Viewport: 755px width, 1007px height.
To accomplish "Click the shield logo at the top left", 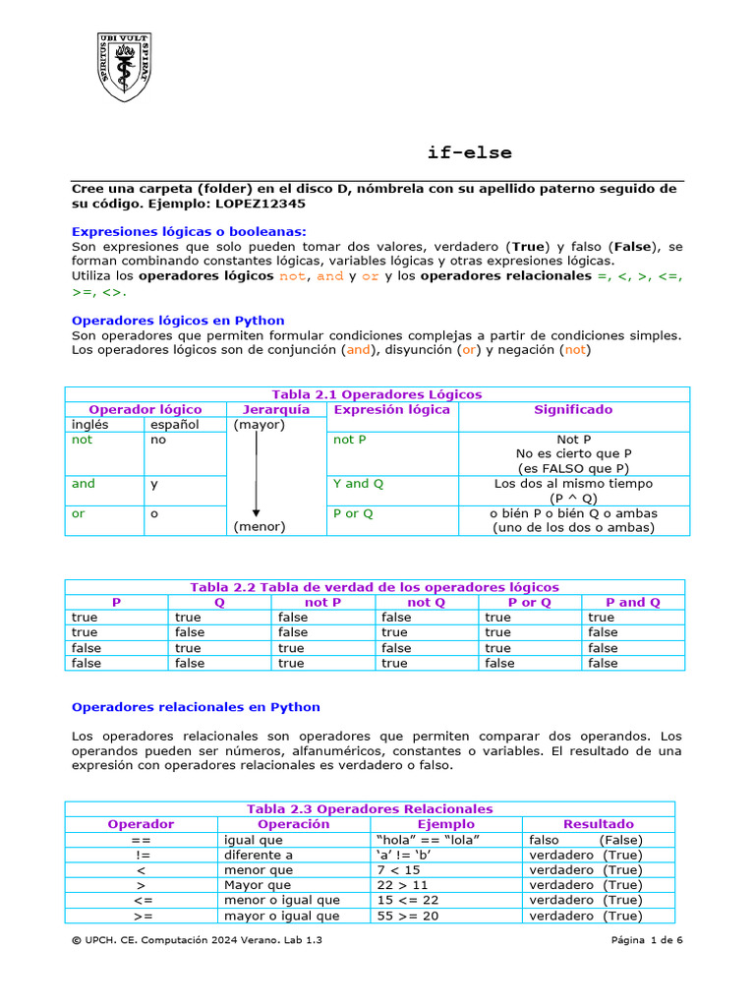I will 123,67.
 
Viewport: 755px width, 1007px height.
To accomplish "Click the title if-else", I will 469,152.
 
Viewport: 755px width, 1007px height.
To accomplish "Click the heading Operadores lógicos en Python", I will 178,321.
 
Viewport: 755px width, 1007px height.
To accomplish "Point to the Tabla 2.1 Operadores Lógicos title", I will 377,394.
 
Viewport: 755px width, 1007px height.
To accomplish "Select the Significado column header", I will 573,409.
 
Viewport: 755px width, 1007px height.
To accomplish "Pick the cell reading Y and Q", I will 359,484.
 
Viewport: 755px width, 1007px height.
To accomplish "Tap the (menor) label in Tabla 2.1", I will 260,527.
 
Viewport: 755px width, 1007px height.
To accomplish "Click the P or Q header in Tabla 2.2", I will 529,602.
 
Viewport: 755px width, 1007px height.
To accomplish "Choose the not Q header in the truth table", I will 426,602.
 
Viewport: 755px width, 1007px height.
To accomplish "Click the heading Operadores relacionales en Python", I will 196,707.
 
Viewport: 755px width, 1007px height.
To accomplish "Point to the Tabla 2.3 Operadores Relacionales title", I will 370,809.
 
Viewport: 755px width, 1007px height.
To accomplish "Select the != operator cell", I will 142,855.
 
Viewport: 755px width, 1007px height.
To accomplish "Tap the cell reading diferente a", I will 259,855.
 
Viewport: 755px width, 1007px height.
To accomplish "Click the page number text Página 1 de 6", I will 646,941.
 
